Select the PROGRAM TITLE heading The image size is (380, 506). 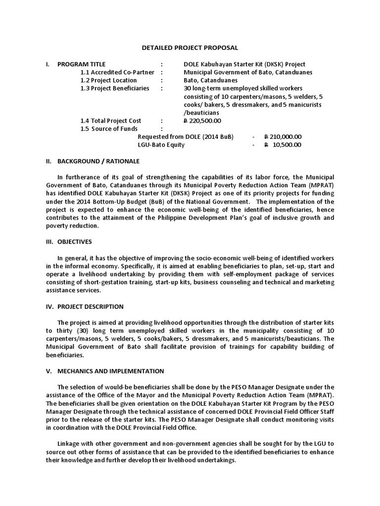click(81, 64)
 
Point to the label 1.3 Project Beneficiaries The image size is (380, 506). click(115, 88)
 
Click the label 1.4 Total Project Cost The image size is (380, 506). click(111, 121)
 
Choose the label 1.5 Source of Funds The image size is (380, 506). click(109, 128)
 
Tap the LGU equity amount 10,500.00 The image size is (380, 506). click(286, 145)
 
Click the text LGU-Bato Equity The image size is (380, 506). click(161, 145)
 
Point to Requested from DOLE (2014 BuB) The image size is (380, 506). click(186, 137)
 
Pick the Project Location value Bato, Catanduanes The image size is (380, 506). click(210, 81)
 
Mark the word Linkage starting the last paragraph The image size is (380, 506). click(68, 443)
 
